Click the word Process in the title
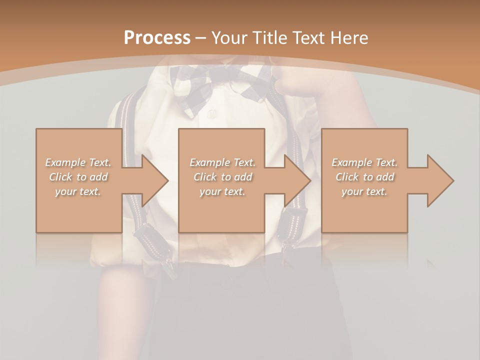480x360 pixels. click(x=157, y=38)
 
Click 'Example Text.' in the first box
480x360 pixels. click(x=78, y=162)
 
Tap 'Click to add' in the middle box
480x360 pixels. click(x=222, y=177)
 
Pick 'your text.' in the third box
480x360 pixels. click(x=364, y=191)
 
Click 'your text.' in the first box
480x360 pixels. click(x=78, y=191)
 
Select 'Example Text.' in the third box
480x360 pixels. click(x=364, y=162)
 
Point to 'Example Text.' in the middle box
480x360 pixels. click(x=222, y=162)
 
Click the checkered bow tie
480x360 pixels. click(x=220, y=85)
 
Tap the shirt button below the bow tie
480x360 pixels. click(x=212, y=114)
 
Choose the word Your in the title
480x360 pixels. click(x=228, y=38)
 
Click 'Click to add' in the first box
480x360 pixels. click(x=78, y=177)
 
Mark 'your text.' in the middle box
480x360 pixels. click(x=222, y=191)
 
